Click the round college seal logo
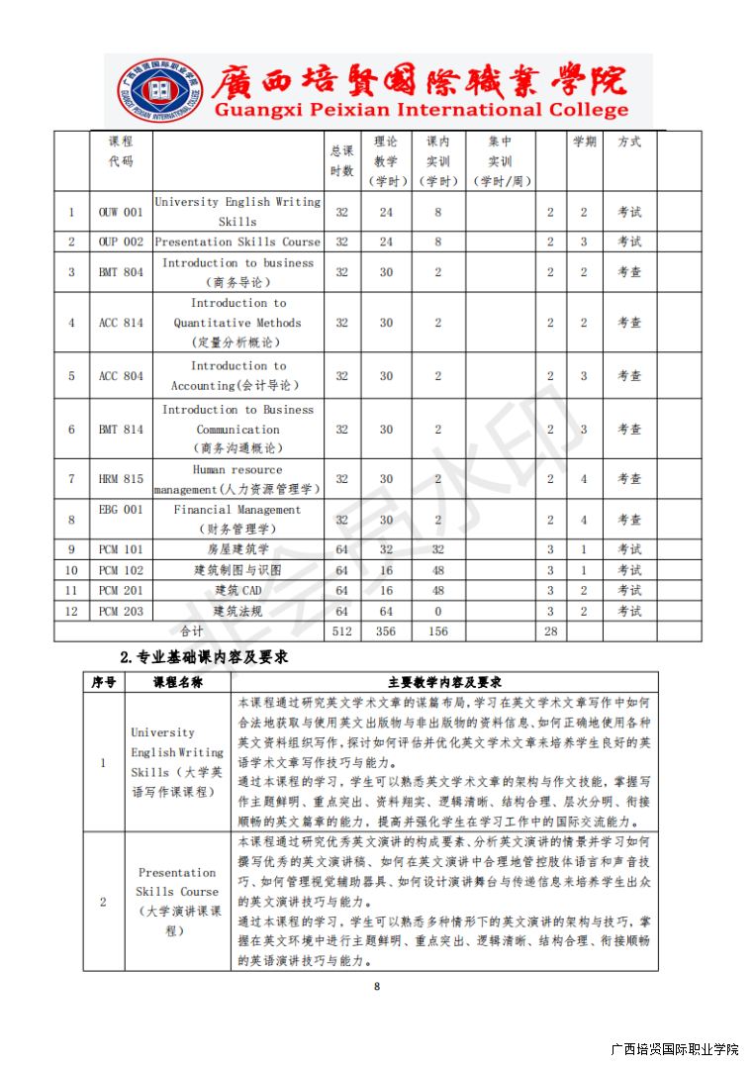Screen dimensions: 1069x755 [x=158, y=91]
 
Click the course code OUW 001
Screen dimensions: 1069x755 [x=121, y=212]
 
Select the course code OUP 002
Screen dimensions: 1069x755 [x=121, y=242]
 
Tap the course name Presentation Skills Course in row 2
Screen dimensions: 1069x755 [x=237, y=242]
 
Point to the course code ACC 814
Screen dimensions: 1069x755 [x=121, y=323]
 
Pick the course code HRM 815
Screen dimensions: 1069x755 [x=121, y=479]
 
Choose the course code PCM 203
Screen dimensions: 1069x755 [x=121, y=612]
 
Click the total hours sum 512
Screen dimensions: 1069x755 [x=342, y=632]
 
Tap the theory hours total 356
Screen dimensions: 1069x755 [x=386, y=632]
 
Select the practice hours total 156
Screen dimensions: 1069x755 [x=437, y=632]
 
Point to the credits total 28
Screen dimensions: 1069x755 [x=551, y=632]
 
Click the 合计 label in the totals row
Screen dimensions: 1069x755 [x=191, y=632]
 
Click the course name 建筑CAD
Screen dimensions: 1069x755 [x=237, y=591]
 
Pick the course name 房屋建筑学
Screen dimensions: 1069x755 [x=237, y=549]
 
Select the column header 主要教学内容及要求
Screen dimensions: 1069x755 [x=444, y=682]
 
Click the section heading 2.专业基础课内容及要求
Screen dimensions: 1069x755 [x=204, y=656]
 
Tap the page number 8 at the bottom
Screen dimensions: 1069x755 [x=377, y=986]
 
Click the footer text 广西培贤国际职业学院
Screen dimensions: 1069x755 [x=675, y=1049]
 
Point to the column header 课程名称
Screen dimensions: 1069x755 [x=177, y=682]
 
